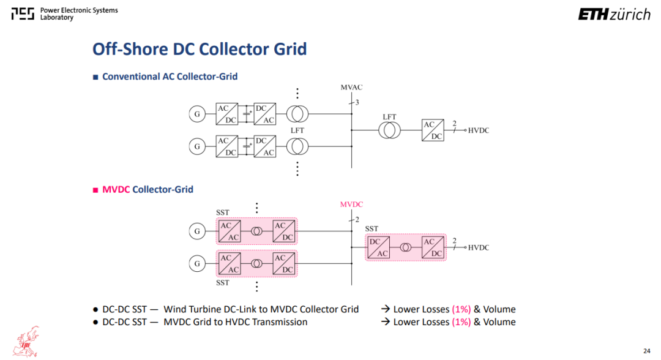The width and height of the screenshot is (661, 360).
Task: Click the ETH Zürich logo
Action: [614, 14]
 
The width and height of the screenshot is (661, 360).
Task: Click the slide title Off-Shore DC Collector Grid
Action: [200, 49]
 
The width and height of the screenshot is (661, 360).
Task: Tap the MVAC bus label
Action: [351, 88]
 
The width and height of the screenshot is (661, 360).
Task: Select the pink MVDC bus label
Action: [351, 204]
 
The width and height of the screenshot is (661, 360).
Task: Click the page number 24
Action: [647, 351]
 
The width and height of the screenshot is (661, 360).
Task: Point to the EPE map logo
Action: [26, 342]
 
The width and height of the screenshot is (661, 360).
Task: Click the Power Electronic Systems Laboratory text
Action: [79, 13]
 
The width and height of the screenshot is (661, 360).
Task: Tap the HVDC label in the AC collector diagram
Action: [479, 130]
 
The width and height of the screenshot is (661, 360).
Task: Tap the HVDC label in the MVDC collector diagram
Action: [479, 247]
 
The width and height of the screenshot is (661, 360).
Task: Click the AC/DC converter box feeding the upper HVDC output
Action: [433, 130]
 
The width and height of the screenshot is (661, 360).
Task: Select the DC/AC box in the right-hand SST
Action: [379, 247]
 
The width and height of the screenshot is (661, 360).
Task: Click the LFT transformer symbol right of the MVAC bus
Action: [389, 130]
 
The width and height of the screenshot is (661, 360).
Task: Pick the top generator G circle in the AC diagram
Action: [197, 114]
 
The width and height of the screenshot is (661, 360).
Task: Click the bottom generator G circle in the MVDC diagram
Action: [197, 263]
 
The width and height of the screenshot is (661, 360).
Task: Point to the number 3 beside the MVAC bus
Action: [357, 102]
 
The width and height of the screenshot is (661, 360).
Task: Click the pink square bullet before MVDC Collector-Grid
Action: [95, 190]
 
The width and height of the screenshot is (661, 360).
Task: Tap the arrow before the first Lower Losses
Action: [386, 309]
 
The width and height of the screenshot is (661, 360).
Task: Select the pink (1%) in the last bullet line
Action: [461, 322]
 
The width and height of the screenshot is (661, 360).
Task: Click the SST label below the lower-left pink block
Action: [223, 282]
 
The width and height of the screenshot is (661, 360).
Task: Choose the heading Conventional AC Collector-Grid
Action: [170, 77]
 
